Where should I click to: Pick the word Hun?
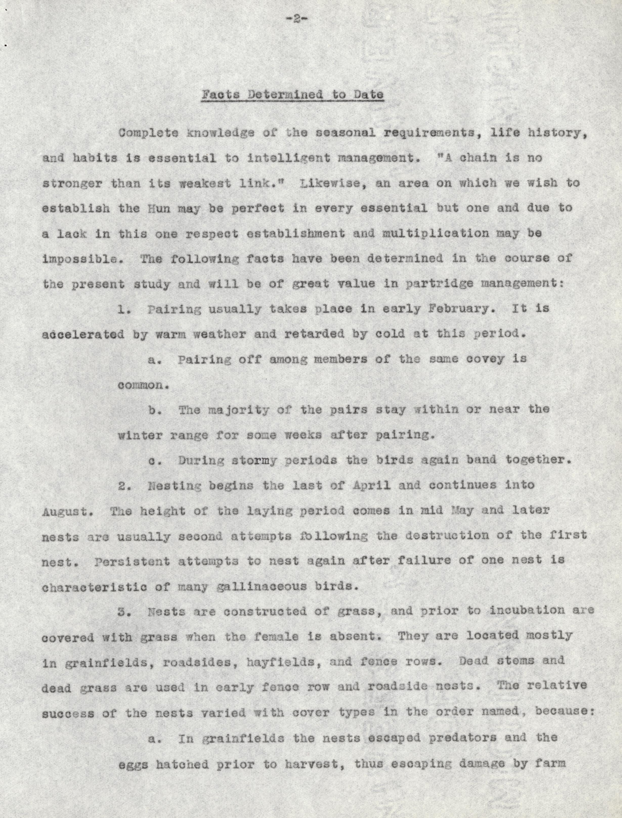click(159, 208)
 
